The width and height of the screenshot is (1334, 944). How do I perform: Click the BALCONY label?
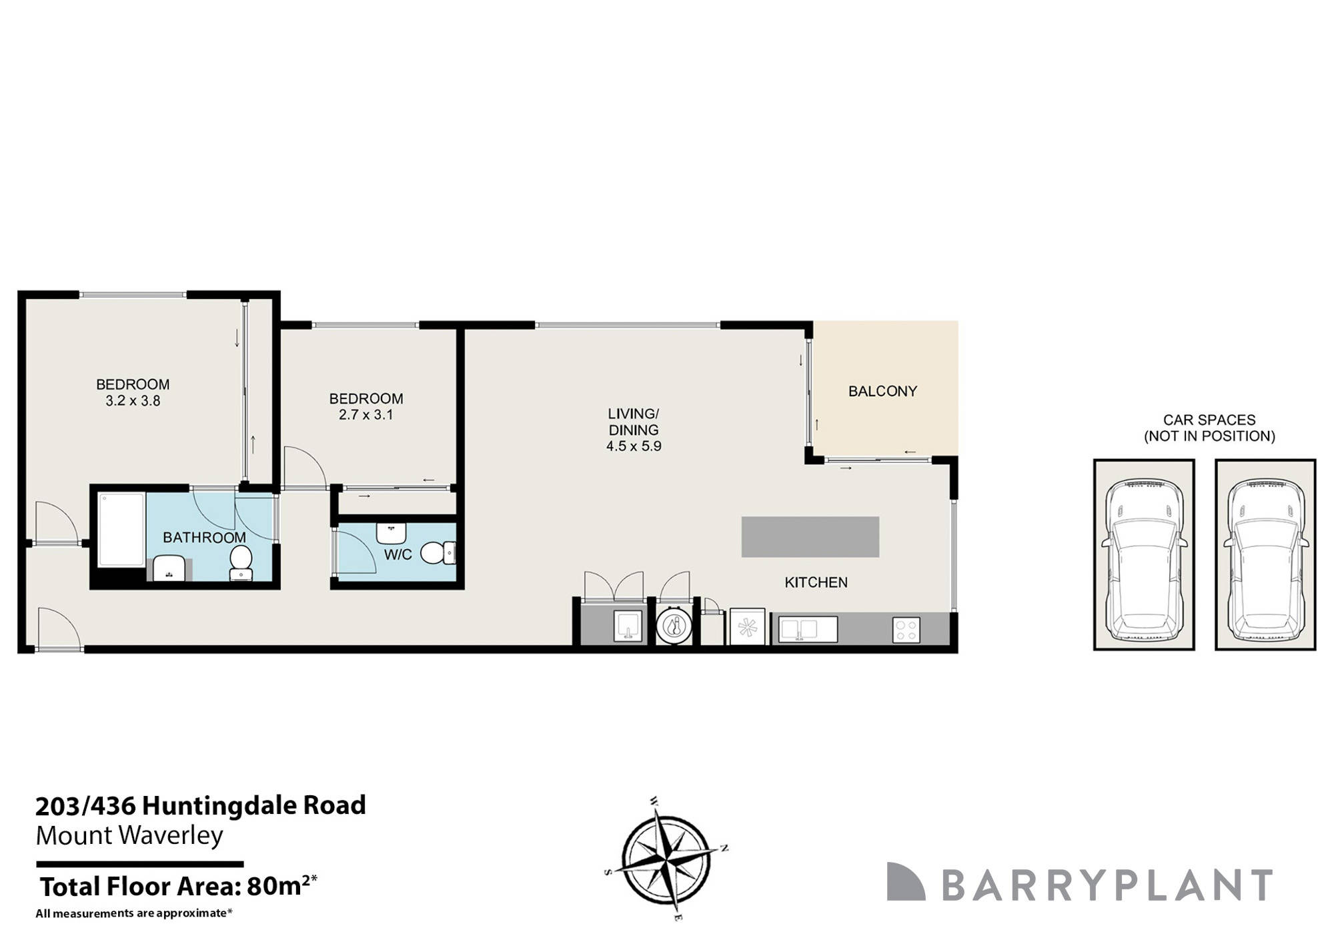click(882, 392)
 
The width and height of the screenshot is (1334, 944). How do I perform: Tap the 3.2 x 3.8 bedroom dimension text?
click(133, 402)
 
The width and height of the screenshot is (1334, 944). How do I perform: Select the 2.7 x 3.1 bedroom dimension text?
click(366, 415)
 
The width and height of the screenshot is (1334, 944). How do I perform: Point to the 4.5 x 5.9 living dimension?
click(634, 446)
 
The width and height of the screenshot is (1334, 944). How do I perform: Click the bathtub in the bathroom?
click(121, 530)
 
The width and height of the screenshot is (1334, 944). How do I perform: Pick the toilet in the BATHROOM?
click(241, 562)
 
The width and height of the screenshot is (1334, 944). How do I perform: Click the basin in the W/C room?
click(391, 533)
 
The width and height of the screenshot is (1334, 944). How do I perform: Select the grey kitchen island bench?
click(810, 537)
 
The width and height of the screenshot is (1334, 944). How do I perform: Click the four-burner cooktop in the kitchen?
click(906, 630)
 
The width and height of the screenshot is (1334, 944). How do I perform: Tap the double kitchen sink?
click(799, 630)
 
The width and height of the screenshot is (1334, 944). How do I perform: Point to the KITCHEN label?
click(816, 582)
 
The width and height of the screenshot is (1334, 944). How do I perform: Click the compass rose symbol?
click(666, 859)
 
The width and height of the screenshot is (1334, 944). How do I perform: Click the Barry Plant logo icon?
click(905, 882)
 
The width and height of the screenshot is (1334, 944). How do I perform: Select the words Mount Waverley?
click(129, 836)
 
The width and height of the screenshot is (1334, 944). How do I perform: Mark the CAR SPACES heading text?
click(1209, 420)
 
